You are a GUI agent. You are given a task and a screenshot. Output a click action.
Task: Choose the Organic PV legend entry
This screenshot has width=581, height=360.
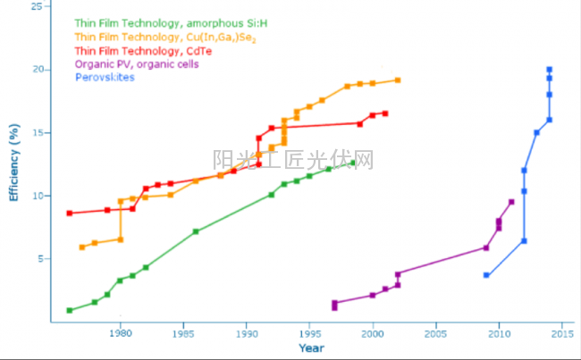coord(137,64)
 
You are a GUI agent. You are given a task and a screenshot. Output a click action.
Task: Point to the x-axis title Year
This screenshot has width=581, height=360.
coord(311,347)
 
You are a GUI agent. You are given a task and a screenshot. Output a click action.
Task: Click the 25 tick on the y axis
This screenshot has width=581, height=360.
coord(36,6)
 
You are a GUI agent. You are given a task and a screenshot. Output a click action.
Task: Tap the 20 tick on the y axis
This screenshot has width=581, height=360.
coord(36,70)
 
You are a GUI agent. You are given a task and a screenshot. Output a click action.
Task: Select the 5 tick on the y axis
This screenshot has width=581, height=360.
coord(38,259)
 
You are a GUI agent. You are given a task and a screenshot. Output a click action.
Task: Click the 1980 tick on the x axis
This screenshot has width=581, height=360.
coord(120,333)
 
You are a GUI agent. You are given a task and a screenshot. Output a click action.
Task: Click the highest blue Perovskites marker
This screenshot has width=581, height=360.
coord(549,70)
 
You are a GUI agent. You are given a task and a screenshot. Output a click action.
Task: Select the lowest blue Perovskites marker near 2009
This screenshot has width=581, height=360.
coord(486,275)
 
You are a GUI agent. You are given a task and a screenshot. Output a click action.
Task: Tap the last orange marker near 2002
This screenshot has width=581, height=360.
coord(398,80)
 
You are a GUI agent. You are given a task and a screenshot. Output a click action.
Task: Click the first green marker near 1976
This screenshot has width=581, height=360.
coord(70,310)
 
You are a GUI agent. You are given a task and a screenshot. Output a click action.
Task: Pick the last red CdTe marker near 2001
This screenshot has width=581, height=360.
coord(385,113)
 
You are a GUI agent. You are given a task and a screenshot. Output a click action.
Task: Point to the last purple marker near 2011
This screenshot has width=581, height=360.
coord(511,202)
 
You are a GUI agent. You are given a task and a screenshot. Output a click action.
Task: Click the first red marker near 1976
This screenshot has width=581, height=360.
coord(70,213)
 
